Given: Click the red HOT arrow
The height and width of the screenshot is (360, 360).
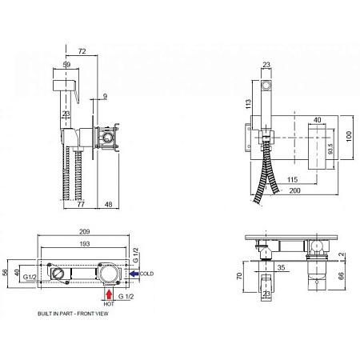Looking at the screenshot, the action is [x=109, y=295].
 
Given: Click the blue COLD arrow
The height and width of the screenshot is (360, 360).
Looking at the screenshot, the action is [x=134, y=274].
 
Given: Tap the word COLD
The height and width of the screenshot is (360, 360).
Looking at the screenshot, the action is [x=146, y=274].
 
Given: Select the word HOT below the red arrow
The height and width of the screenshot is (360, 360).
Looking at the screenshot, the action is [x=109, y=304].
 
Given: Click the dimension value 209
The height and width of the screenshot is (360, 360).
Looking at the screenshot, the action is [x=85, y=231].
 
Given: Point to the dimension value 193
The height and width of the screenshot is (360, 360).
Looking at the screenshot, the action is [x=85, y=244].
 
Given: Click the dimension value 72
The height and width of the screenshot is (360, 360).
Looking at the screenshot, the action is [x=82, y=51].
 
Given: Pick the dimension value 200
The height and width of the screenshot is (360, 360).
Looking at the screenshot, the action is [x=294, y=190].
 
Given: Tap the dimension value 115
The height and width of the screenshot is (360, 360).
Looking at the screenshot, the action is [x=292, y=180].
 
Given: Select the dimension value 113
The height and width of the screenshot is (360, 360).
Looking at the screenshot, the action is [x=248, y=104].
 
